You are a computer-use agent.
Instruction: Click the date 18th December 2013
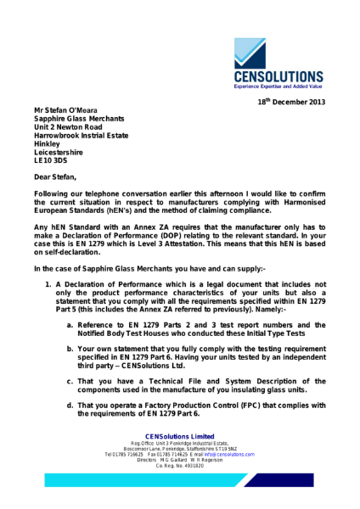coord(291,103)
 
